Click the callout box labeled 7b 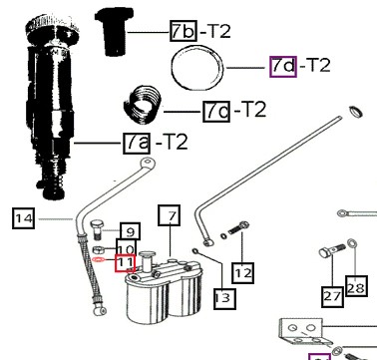[x=184, y=31]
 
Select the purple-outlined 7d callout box [x=283, y=67]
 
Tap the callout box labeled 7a [x=137, y=144]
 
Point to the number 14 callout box [x=23, y=218]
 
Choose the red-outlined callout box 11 [x=125, y=263]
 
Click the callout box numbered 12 [x=243, y=273]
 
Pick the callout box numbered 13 [x=224, y=298]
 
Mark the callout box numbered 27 [x=332, y=295]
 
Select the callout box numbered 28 [x=356, y=286]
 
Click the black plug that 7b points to [x=115, y=31]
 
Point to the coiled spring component [x=142, y=104]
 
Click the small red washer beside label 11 [x=100, y=259]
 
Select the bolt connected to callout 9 [x=96, y=229]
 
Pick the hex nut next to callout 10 [x=98, y=249]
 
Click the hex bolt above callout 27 [x=332, y=250]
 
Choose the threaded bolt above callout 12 [x=238, y=227]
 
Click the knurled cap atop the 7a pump [x=53, y=27]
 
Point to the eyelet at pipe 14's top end [x=148, y=163]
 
